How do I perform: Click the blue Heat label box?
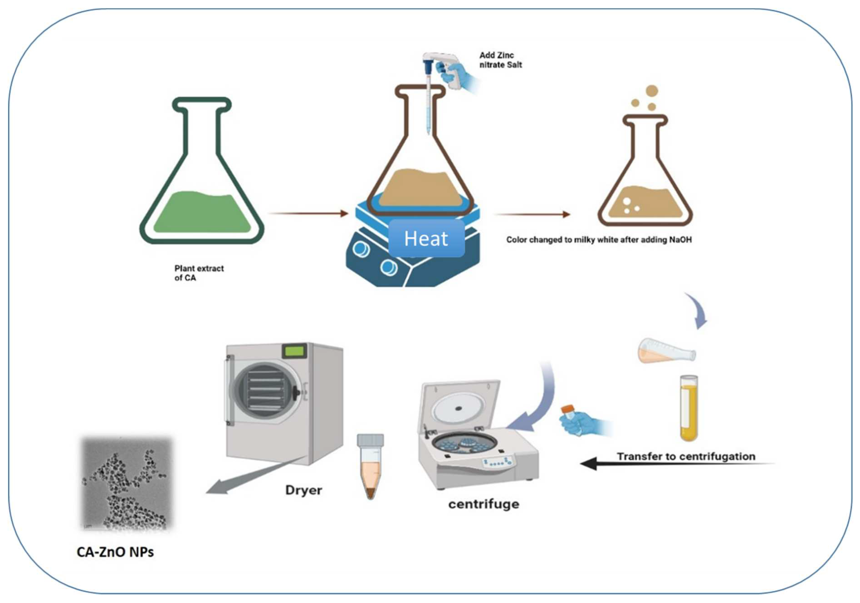pos(426,238)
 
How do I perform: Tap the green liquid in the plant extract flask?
pos(202,214)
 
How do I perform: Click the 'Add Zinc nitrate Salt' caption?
pos(500,60)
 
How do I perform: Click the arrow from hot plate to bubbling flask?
pos(532,214)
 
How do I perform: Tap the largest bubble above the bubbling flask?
pos(652,91)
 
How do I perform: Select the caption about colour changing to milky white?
pos(599,240)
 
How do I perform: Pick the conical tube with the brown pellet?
pos(370,467)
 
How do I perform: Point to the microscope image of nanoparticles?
pos(127,483)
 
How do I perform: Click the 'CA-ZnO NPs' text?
pos(115,552)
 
